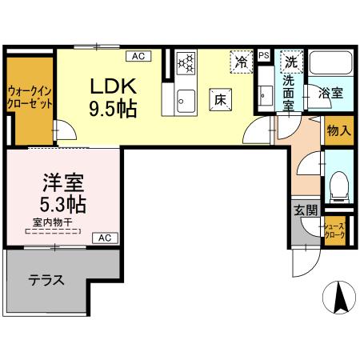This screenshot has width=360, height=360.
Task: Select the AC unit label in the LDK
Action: pyautogui.click(x=137, y=55)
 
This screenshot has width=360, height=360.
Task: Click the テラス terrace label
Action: pyautogui.click(x=46, y=281)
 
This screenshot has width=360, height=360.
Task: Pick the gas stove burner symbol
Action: pyautogui.click(x=187, y=62)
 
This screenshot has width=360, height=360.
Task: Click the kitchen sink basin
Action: pyautogui.click(x=185, y=101)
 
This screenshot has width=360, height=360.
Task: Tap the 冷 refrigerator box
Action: pyautogui.click(x=240, y=60)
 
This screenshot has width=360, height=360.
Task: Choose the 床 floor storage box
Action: pyautogui.click(x=221, y=98)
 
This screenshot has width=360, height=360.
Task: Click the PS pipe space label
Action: pyautogui.click(x=265, y=55)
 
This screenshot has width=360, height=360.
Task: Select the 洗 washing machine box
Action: pyautogui.click(x=293, y=62)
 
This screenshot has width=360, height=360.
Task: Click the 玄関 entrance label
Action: pyautogui.click(x=305, y=211)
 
